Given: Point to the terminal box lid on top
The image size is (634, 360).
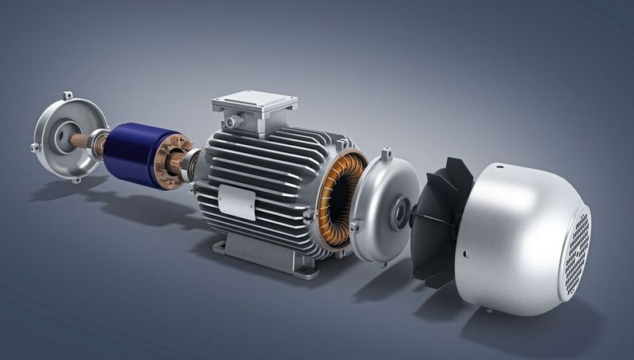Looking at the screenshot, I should click(254, 101).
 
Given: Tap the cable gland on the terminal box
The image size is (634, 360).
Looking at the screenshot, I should click(230, 122).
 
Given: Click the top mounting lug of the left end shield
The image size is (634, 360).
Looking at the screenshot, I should click(68, 96).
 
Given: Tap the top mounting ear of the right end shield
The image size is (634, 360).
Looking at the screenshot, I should click(386, 153).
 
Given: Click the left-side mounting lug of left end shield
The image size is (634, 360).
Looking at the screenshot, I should click(35, 147).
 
